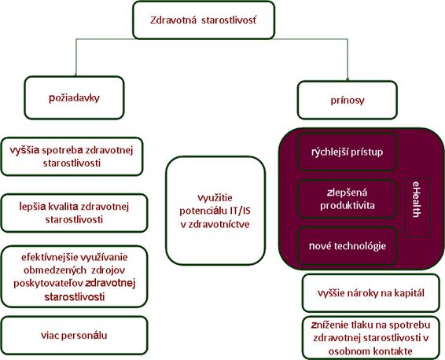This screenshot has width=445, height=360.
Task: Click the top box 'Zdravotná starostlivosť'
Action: pos(204,20)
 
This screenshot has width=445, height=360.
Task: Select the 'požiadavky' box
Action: pos(75,97)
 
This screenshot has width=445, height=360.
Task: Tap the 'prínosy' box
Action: pos(348,100)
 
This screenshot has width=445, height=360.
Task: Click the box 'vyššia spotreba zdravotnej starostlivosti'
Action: pos(72,156)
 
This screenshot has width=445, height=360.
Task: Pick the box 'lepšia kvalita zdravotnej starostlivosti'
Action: pos(75,213)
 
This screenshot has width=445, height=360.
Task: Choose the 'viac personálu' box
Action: pos(75,336)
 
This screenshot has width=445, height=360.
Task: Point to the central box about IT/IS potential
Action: pos(215,211)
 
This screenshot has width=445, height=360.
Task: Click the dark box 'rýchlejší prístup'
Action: pos(347,152)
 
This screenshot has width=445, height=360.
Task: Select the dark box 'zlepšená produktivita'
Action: pos(347,199)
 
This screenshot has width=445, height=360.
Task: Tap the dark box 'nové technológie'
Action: pos(347,246)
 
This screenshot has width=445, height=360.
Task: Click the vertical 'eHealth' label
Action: pos(416,199)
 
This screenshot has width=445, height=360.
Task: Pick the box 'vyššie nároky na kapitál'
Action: pos(371,292)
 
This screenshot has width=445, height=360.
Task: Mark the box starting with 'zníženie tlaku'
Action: pos(371,338)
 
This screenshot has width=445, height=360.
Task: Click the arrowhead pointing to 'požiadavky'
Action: pos(75,75)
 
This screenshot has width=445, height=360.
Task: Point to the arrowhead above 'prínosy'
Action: pos(348,79)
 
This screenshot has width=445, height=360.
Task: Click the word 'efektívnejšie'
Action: pos(50,257)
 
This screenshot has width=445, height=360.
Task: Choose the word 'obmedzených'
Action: pos(55,270)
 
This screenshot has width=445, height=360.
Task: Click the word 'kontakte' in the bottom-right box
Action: pos(392,351)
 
